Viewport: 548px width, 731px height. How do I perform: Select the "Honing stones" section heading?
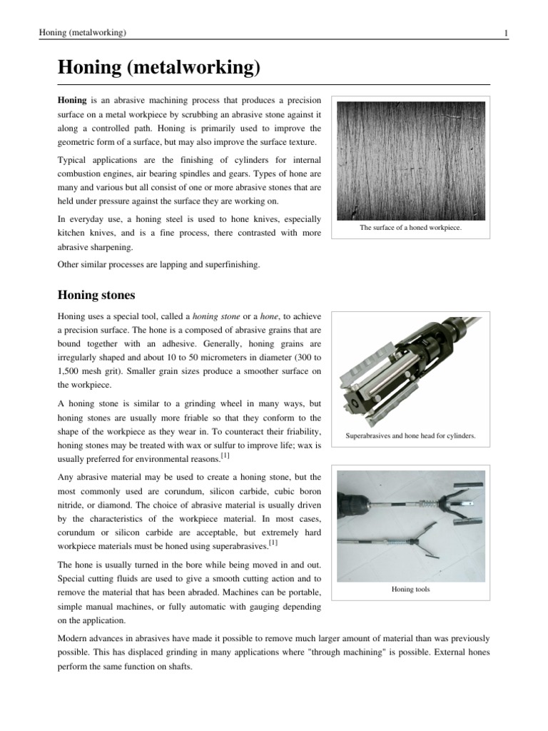(x=96, y=295)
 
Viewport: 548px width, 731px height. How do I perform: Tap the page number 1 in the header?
(x=505, y=33)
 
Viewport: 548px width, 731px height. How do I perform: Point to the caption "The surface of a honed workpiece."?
(x=410, y=227)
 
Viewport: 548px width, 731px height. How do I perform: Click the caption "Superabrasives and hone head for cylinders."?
(x=410, y=435)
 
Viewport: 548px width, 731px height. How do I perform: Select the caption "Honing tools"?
(x=410, y=590)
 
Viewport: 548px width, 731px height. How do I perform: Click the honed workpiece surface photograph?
(x=410, y=161)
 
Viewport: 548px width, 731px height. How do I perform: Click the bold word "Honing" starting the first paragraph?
(x=72, y=101)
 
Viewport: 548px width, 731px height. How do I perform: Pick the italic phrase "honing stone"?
(x=217, y=316)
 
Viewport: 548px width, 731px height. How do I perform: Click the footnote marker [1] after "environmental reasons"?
(x=225, y=455)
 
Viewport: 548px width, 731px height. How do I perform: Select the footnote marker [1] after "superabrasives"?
(x=273, y=543)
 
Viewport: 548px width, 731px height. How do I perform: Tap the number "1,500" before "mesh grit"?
(x=72, y=370)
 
